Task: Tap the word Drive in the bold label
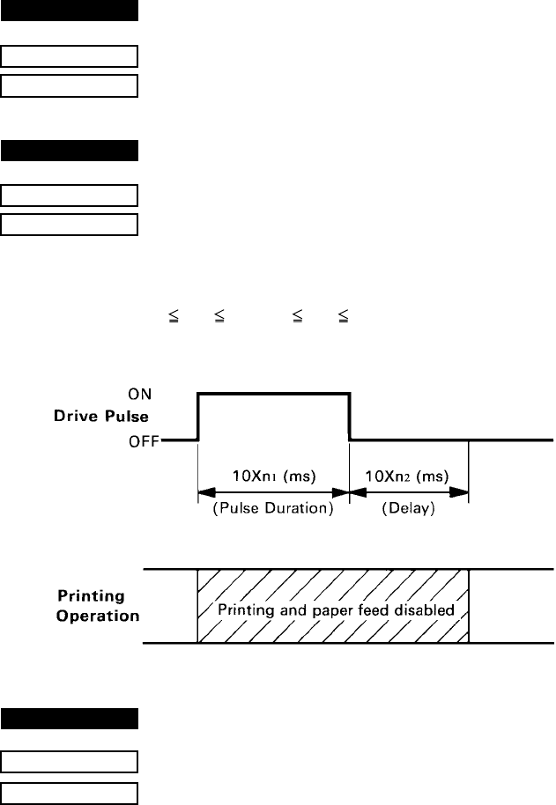[x=93, y=417]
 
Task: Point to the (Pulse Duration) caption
[x=272, y=508]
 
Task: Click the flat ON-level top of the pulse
[x=274, y=395]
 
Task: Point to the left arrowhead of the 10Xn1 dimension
[x=204, y=491]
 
